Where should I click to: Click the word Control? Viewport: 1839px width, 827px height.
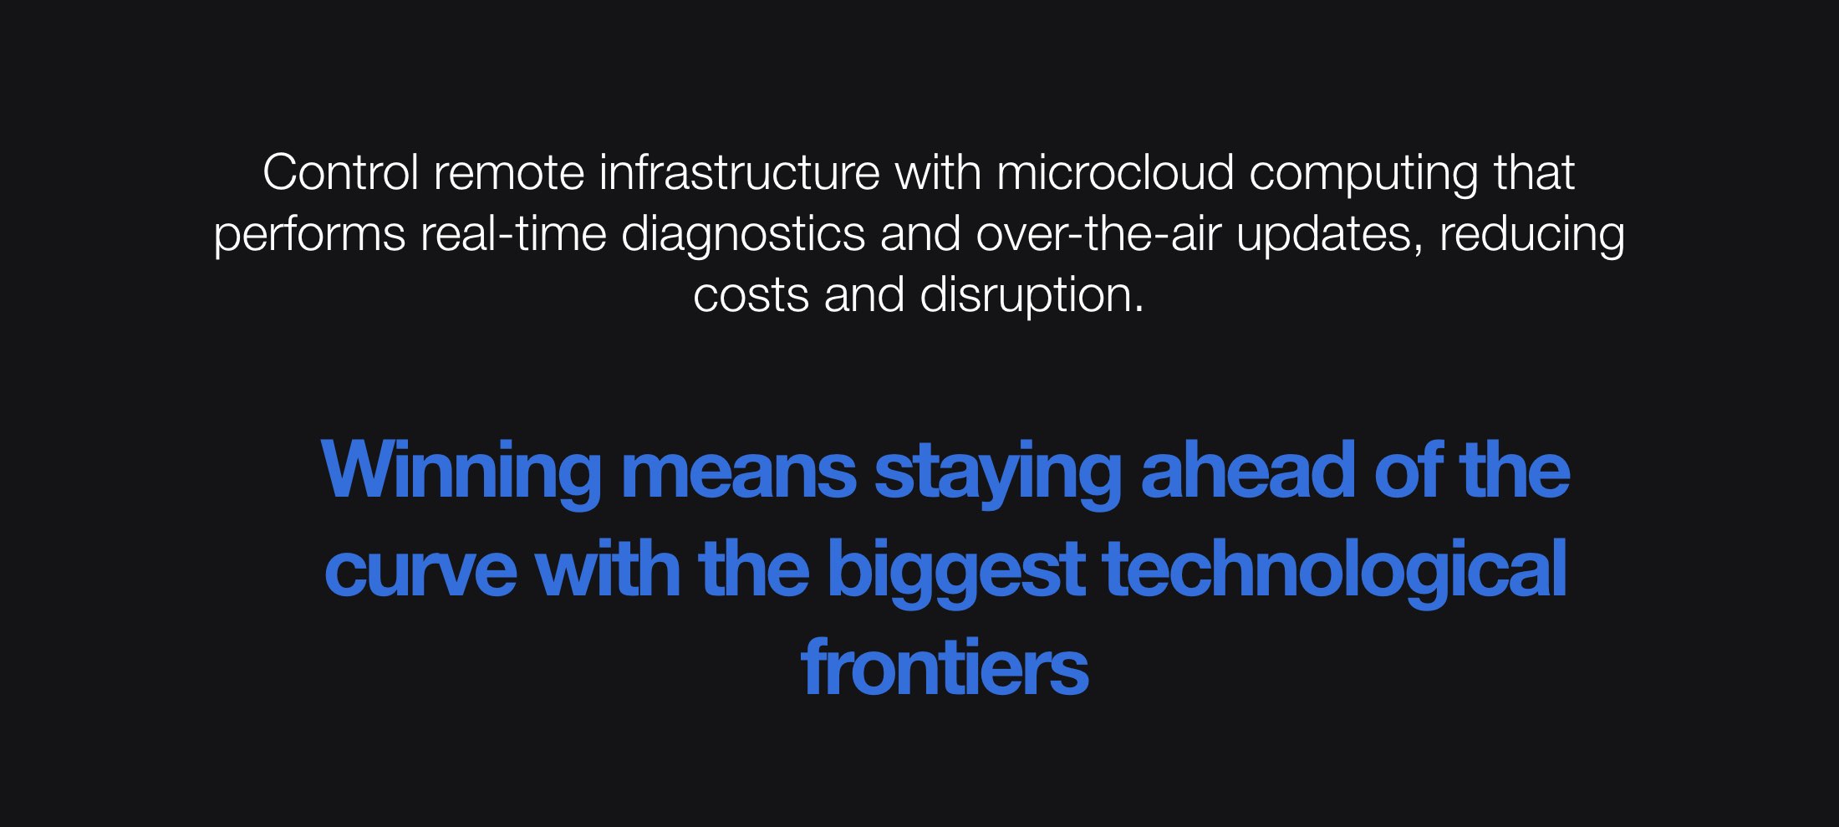click(x=340, y=173)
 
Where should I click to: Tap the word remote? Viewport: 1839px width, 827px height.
click(x=509, y=173)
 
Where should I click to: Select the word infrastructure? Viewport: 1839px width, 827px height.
click(x=739, y=173)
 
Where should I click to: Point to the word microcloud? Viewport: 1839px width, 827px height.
click(x=1115, y=173)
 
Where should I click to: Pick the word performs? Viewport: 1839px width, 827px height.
click(x=309, y=235)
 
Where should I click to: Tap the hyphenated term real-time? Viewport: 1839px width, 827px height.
click(x=513, y=233)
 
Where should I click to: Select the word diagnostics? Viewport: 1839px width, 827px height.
click(x=743, y=235)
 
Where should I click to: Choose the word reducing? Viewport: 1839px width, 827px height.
click(x=1531, y=235)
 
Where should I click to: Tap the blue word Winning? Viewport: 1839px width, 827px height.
click(x=461, y=471)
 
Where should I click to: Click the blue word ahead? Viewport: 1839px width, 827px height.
click(x=1248, y=471)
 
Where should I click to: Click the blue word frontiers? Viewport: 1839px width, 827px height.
click(x=945, y=668)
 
